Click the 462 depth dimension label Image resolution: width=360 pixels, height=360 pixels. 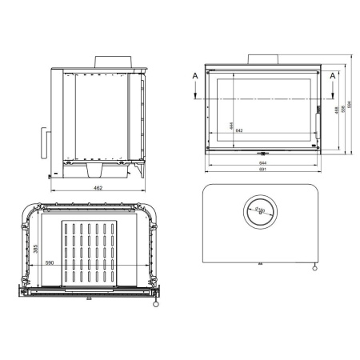tap(98, 187)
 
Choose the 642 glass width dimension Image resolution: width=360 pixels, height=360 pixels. tap(239, 130)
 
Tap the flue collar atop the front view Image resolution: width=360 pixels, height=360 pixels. tap(262, 60)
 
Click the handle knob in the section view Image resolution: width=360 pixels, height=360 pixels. tap(155, 303)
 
